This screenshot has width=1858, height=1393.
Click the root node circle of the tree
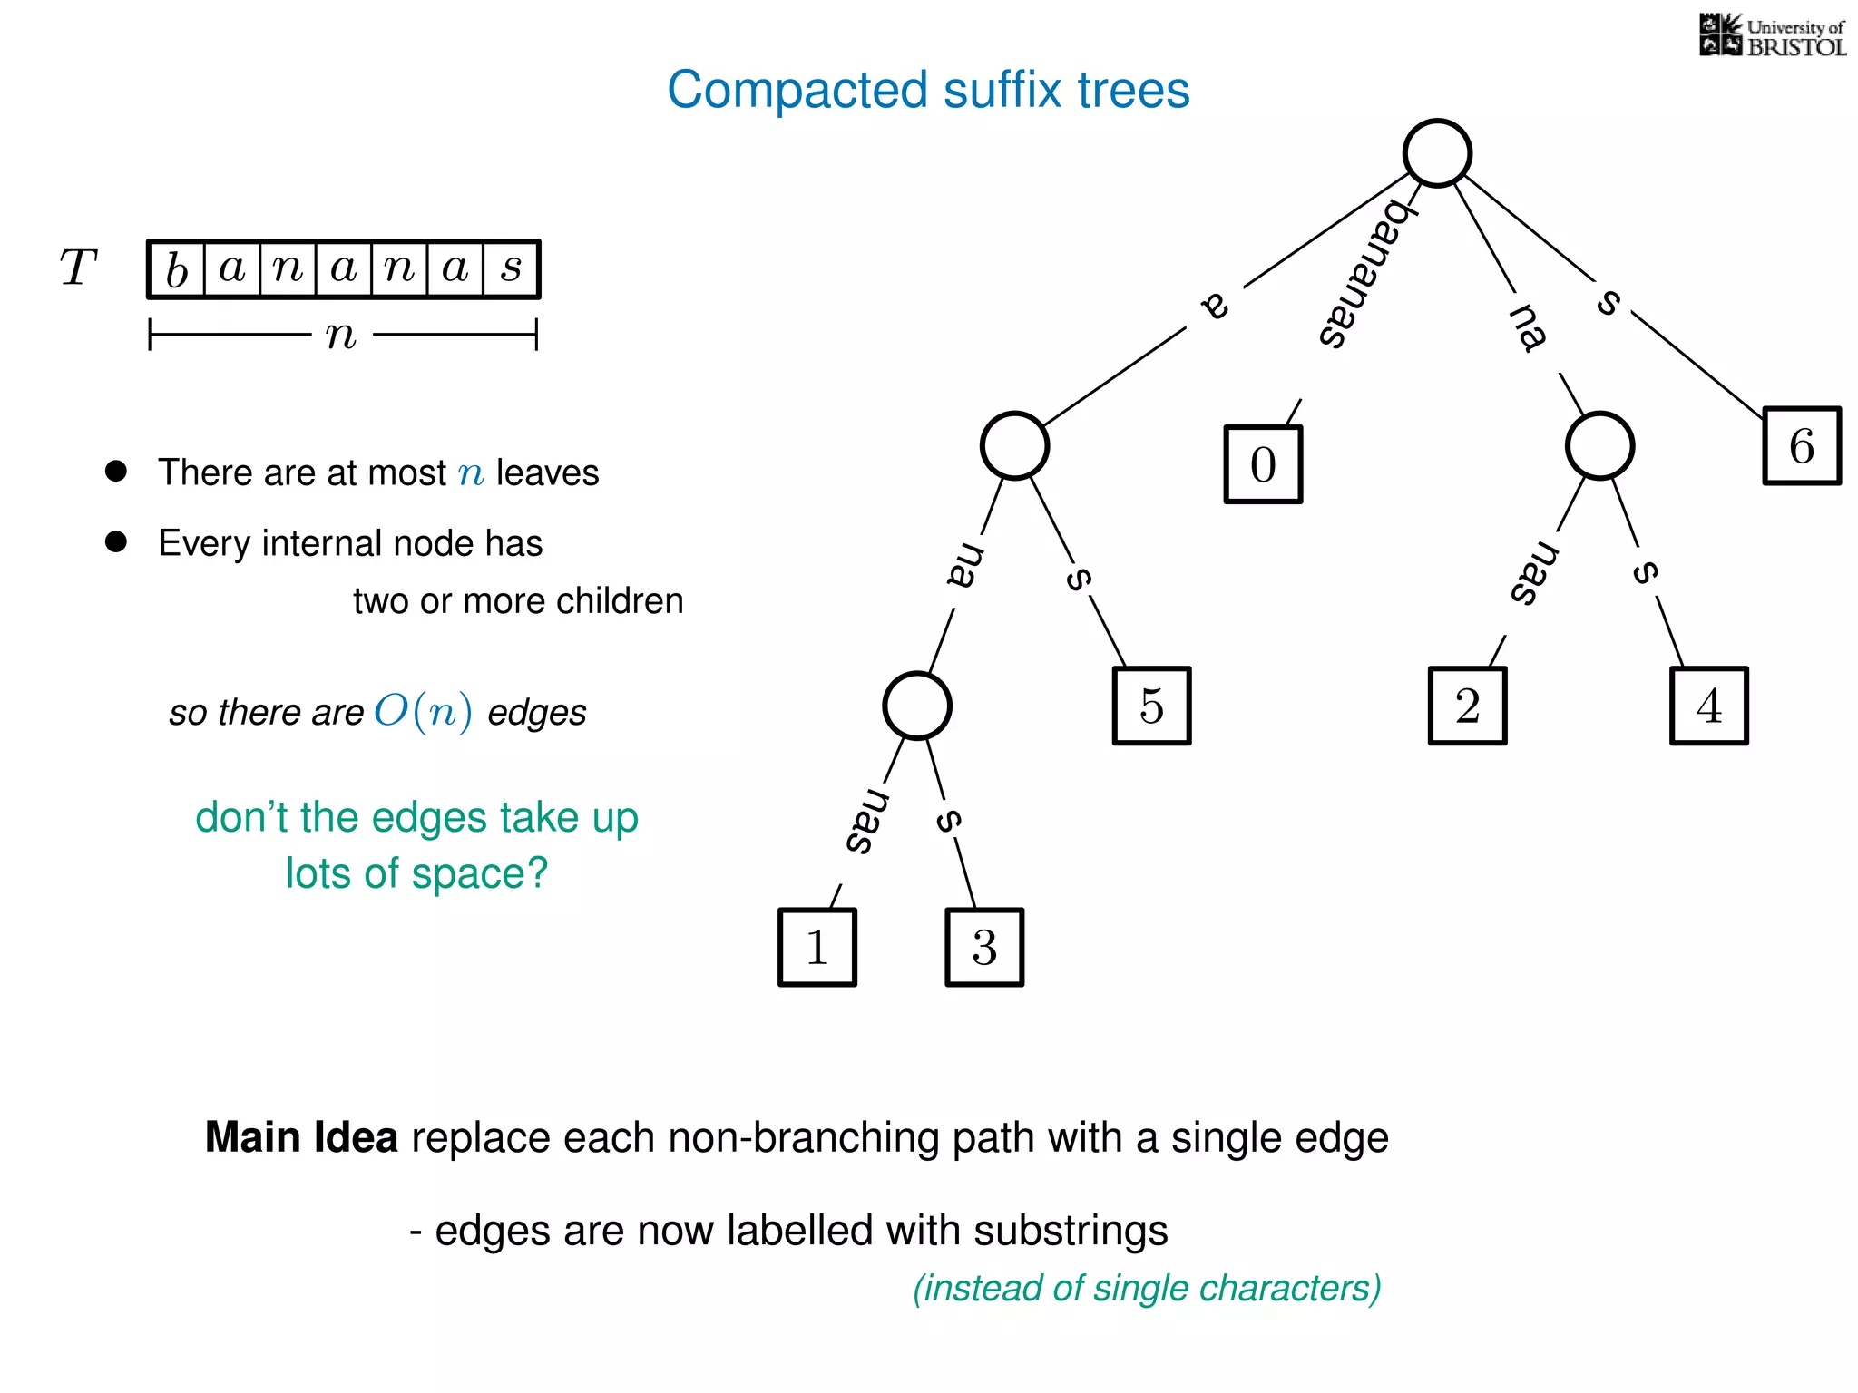point(1437,153)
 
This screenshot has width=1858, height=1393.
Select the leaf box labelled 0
point(1263,464)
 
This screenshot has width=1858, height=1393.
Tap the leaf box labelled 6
point(1802,445)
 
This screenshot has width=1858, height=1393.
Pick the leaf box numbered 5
point(1151,706)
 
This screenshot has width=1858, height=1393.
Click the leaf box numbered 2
point(1467,706)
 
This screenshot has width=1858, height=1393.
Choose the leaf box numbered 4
point(1709,706)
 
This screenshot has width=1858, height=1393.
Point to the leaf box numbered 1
point(817,947)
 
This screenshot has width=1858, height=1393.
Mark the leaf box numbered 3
point(984,947)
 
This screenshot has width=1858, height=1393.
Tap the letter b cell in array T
point(177,269)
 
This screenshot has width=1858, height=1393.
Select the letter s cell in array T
point(512,269)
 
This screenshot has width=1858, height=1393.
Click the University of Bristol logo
point(1772,36)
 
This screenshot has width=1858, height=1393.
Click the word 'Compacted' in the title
point(797,90)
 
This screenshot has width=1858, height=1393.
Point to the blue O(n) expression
point(423,711)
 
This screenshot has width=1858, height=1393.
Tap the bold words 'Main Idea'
point(301,1137)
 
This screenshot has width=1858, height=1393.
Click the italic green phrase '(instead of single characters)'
point(1147,1288)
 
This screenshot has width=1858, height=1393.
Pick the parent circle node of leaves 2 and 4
point(1599,445)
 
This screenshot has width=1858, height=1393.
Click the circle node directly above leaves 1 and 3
point(917,706)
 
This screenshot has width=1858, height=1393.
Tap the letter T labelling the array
point(78,268)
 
